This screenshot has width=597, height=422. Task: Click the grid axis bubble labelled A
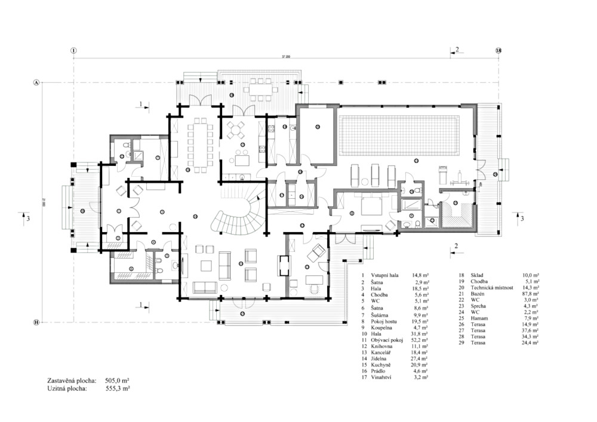[x=36, y=82]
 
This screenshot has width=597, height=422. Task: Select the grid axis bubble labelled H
[x=36, y=322]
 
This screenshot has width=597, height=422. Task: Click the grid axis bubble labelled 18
[x=498, y=51]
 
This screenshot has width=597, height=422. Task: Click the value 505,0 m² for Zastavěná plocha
[x=118, y=380]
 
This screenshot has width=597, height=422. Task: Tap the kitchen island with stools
[x=242, y=160]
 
